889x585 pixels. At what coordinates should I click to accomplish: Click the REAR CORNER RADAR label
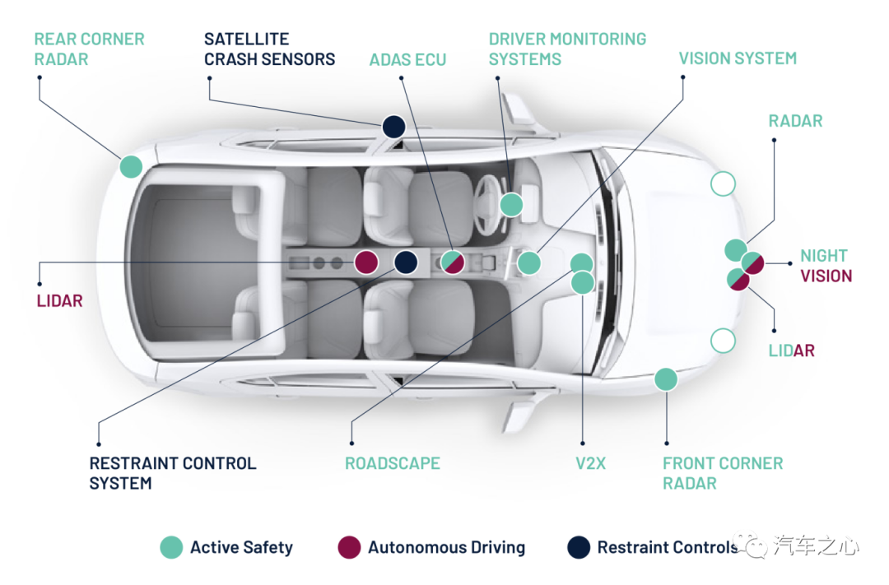[89, 49]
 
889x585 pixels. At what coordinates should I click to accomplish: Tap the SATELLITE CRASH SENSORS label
[269, 49]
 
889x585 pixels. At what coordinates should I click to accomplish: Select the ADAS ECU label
[407, 59]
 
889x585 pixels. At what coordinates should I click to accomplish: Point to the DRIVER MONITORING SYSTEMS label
[567, 49]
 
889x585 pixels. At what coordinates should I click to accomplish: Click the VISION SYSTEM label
[738, 58]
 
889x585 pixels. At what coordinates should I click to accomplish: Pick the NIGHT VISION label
[826, 266]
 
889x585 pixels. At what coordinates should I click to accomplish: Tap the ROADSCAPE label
[393, 464]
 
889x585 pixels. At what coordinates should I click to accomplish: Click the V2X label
[591, 464]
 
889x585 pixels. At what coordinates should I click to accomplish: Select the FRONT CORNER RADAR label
[723, 473]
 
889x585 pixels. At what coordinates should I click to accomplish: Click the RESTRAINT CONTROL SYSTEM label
[173, 473]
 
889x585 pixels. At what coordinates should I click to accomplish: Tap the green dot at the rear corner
[131, 167]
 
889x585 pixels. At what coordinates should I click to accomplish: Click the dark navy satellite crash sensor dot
[393, 127]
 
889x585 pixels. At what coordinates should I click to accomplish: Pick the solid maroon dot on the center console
[366, 262]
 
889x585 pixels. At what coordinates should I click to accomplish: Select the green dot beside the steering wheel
[511, 205]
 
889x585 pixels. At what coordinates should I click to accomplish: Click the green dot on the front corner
[666, 379]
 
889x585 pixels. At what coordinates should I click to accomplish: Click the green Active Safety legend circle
[171, 548]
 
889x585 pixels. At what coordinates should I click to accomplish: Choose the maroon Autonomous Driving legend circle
[349, 548]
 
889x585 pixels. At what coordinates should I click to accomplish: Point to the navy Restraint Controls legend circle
[579, 548]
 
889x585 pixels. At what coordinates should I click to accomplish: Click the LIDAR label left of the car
[59, 301]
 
